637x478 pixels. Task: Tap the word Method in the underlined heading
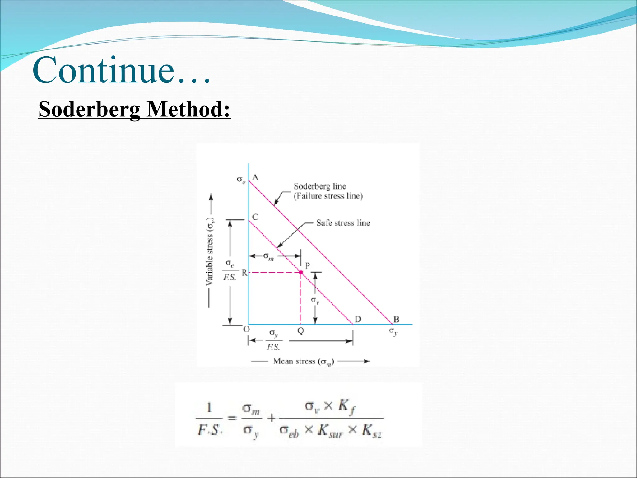188,110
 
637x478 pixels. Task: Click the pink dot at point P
301,272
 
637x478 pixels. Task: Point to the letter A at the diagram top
255,177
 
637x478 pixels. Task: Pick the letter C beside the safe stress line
255,217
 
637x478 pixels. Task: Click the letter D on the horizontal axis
358,319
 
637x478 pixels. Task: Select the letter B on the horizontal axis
396,319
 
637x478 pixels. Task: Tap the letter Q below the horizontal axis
300,330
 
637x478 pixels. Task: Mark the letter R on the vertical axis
244,273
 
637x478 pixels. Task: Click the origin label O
246,329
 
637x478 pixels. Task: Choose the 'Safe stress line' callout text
343,223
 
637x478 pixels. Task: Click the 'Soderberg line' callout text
319,186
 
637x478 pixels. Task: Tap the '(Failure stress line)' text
328,196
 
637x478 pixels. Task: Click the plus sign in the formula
271,418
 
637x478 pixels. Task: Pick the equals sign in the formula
232,418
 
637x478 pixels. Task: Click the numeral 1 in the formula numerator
209,407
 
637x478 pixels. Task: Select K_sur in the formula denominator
330,431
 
